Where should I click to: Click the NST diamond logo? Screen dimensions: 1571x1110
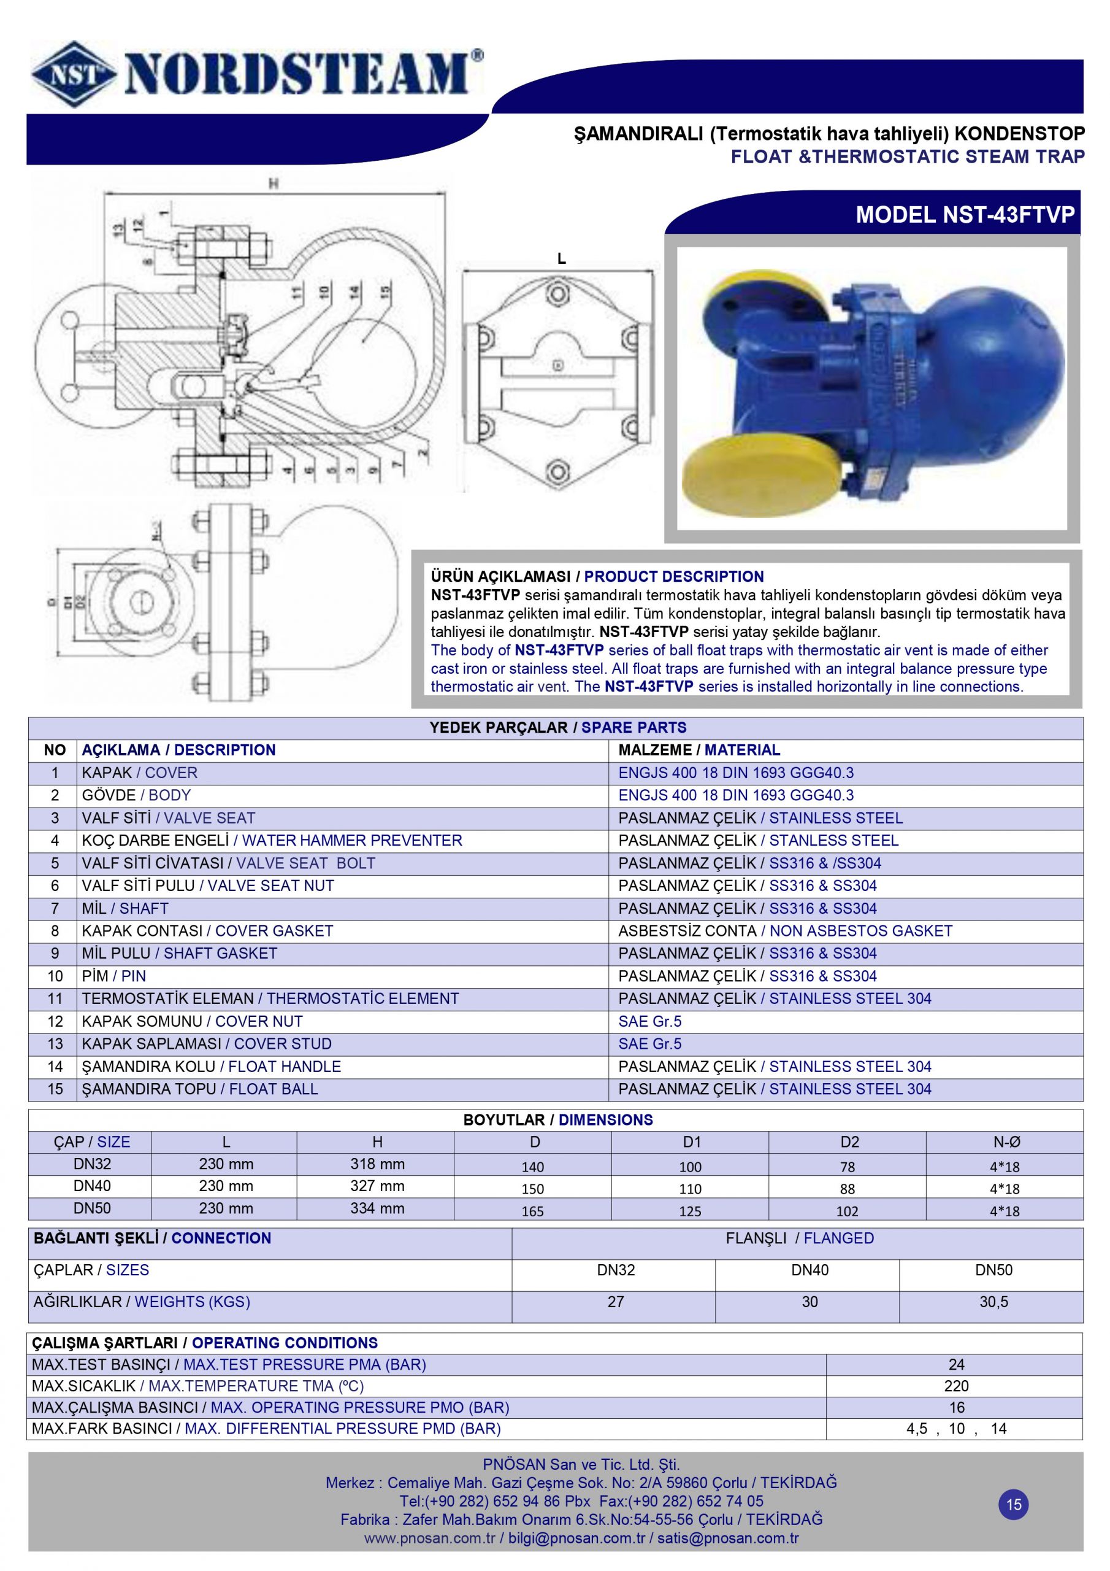coord(73,74)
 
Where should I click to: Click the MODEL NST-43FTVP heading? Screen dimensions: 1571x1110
coord(964,215)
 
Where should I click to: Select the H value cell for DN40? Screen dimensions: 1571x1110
coord(377,1186)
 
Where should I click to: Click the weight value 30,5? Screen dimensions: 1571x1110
coord(993,1302)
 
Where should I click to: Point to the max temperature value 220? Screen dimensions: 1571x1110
coord(955,1386)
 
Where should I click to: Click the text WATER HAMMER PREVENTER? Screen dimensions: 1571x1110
coord(352,840)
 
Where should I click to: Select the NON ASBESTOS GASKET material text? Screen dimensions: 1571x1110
coord(861,930)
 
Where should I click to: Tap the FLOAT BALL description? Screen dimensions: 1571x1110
coord(274,1089)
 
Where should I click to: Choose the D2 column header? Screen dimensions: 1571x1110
coord(849,1141)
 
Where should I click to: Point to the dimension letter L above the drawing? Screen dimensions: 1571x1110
coord(562,258)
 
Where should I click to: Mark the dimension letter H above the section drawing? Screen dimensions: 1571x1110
coord(274,183)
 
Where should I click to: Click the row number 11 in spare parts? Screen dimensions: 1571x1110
coord(55,998)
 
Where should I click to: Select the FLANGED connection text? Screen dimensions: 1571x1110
coord(838,1238)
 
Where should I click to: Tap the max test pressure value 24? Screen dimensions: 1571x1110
coord(956,1364)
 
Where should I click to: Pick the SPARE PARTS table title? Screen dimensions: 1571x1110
coord(633,727)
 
